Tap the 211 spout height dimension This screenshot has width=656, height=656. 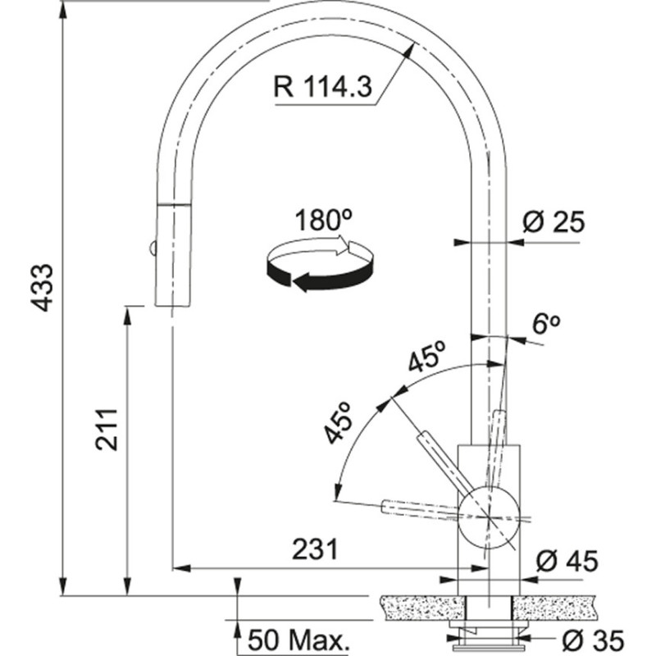[110, 428]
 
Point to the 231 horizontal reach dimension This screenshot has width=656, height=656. [314, 548]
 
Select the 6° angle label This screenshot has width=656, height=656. [545, 324]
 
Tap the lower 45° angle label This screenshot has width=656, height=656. [339, 423]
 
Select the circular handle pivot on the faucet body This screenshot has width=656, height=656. [489, 516]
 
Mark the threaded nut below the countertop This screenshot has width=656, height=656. [489, 634]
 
